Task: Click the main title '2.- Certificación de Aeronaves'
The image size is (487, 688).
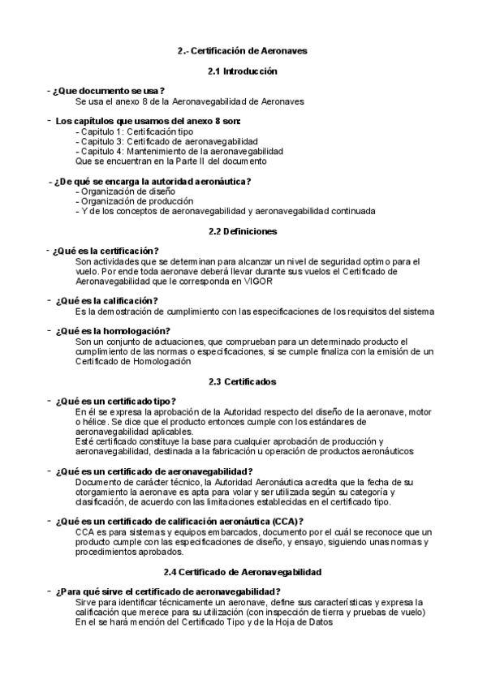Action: coord(242,51)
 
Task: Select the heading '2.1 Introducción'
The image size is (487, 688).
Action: coord(243,71)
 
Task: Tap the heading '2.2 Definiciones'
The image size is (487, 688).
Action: coord(243,231)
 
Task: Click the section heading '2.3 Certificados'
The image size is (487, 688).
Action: coord(243,381)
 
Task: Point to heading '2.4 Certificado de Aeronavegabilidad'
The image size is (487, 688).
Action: coord(243,549)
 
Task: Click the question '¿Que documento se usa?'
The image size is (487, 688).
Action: coord(108,90)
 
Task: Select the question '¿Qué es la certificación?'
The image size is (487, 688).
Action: coord(105,251)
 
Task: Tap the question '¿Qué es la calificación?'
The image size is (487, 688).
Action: coord(106,301)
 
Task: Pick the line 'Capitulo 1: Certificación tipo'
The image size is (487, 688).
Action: coord(135,131)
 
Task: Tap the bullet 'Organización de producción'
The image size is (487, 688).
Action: coord(136,200)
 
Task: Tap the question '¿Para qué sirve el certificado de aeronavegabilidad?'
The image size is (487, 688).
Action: coord(168,569)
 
